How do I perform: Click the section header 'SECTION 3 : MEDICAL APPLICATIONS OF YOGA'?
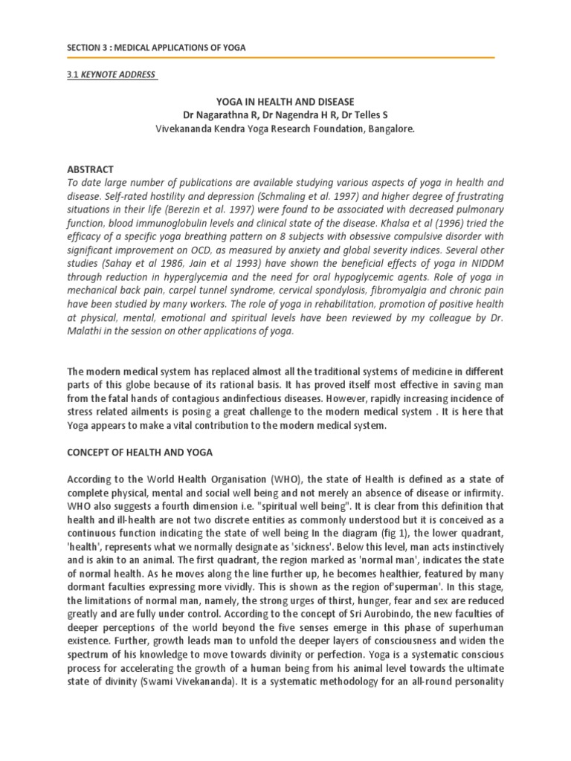pyautogui.click(x=155, y=48)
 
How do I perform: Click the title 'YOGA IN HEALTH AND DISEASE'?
pyautogui.click(x=285, y=100)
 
